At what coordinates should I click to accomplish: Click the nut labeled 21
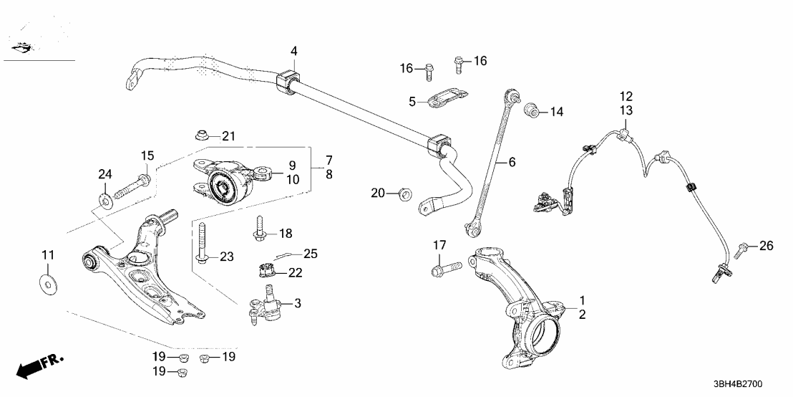[x=203, y=135]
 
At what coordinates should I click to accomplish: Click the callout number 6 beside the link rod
[x=512, y=163]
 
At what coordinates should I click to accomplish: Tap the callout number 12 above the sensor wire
[x=626, y=96]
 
